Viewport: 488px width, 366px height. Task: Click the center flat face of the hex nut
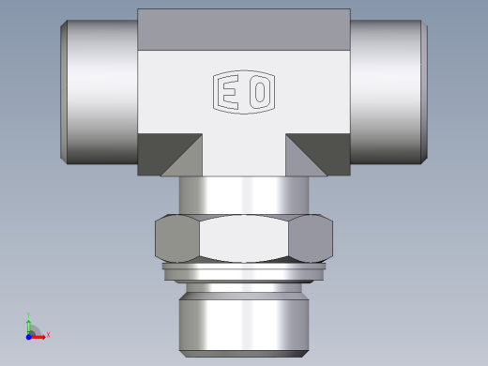[x=244, y=238]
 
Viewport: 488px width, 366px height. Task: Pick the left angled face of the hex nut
[x=176, y=238]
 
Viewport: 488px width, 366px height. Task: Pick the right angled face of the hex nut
[x=312, y=238]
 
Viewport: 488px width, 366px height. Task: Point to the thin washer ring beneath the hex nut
[x=244, y=271]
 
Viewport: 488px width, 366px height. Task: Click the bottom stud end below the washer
[x=244, y=314]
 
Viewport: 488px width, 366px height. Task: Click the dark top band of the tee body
[x=244, y=29]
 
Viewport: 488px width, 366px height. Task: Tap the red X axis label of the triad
[x=48, y=334]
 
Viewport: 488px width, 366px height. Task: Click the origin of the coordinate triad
[x=29, y=333]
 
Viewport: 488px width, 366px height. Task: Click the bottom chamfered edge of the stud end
[x=244, y=353]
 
